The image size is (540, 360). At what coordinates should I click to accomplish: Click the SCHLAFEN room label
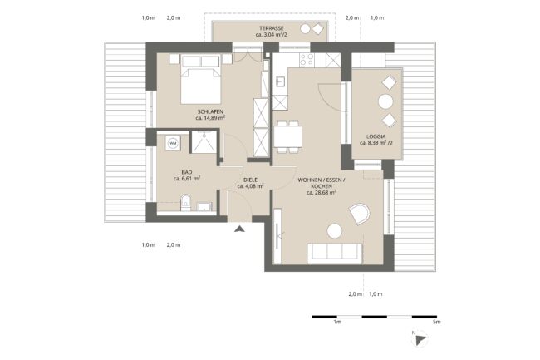point(210,111)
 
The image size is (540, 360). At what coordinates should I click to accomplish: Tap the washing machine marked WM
point(173,143)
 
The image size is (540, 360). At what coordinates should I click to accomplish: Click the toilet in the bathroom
point(185,203)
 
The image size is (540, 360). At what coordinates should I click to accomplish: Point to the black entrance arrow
point(239,229)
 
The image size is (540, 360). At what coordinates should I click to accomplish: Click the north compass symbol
point(420,339)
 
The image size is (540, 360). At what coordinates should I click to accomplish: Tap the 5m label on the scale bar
point(436,322)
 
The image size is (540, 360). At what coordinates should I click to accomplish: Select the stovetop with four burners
point(307,60)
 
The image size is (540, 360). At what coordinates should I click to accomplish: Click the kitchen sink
point(281,81)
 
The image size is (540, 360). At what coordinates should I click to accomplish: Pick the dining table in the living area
point(288,136)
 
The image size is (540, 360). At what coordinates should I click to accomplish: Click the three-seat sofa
point(335,254)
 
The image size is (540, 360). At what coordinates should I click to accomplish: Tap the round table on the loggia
point(385,101)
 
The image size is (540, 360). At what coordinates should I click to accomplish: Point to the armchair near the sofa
point(359,214)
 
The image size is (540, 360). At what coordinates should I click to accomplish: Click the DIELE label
point(250,180)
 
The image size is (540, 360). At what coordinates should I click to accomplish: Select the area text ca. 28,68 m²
point(322,193)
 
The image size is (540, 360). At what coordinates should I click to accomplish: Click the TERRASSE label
point(272,28)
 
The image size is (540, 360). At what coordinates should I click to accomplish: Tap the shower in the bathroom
point(204,142)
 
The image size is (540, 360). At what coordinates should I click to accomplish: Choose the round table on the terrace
point(305,29)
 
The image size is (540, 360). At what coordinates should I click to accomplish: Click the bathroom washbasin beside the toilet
point(204,207)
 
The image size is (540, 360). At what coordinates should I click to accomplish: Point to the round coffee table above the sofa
point(335,231)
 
